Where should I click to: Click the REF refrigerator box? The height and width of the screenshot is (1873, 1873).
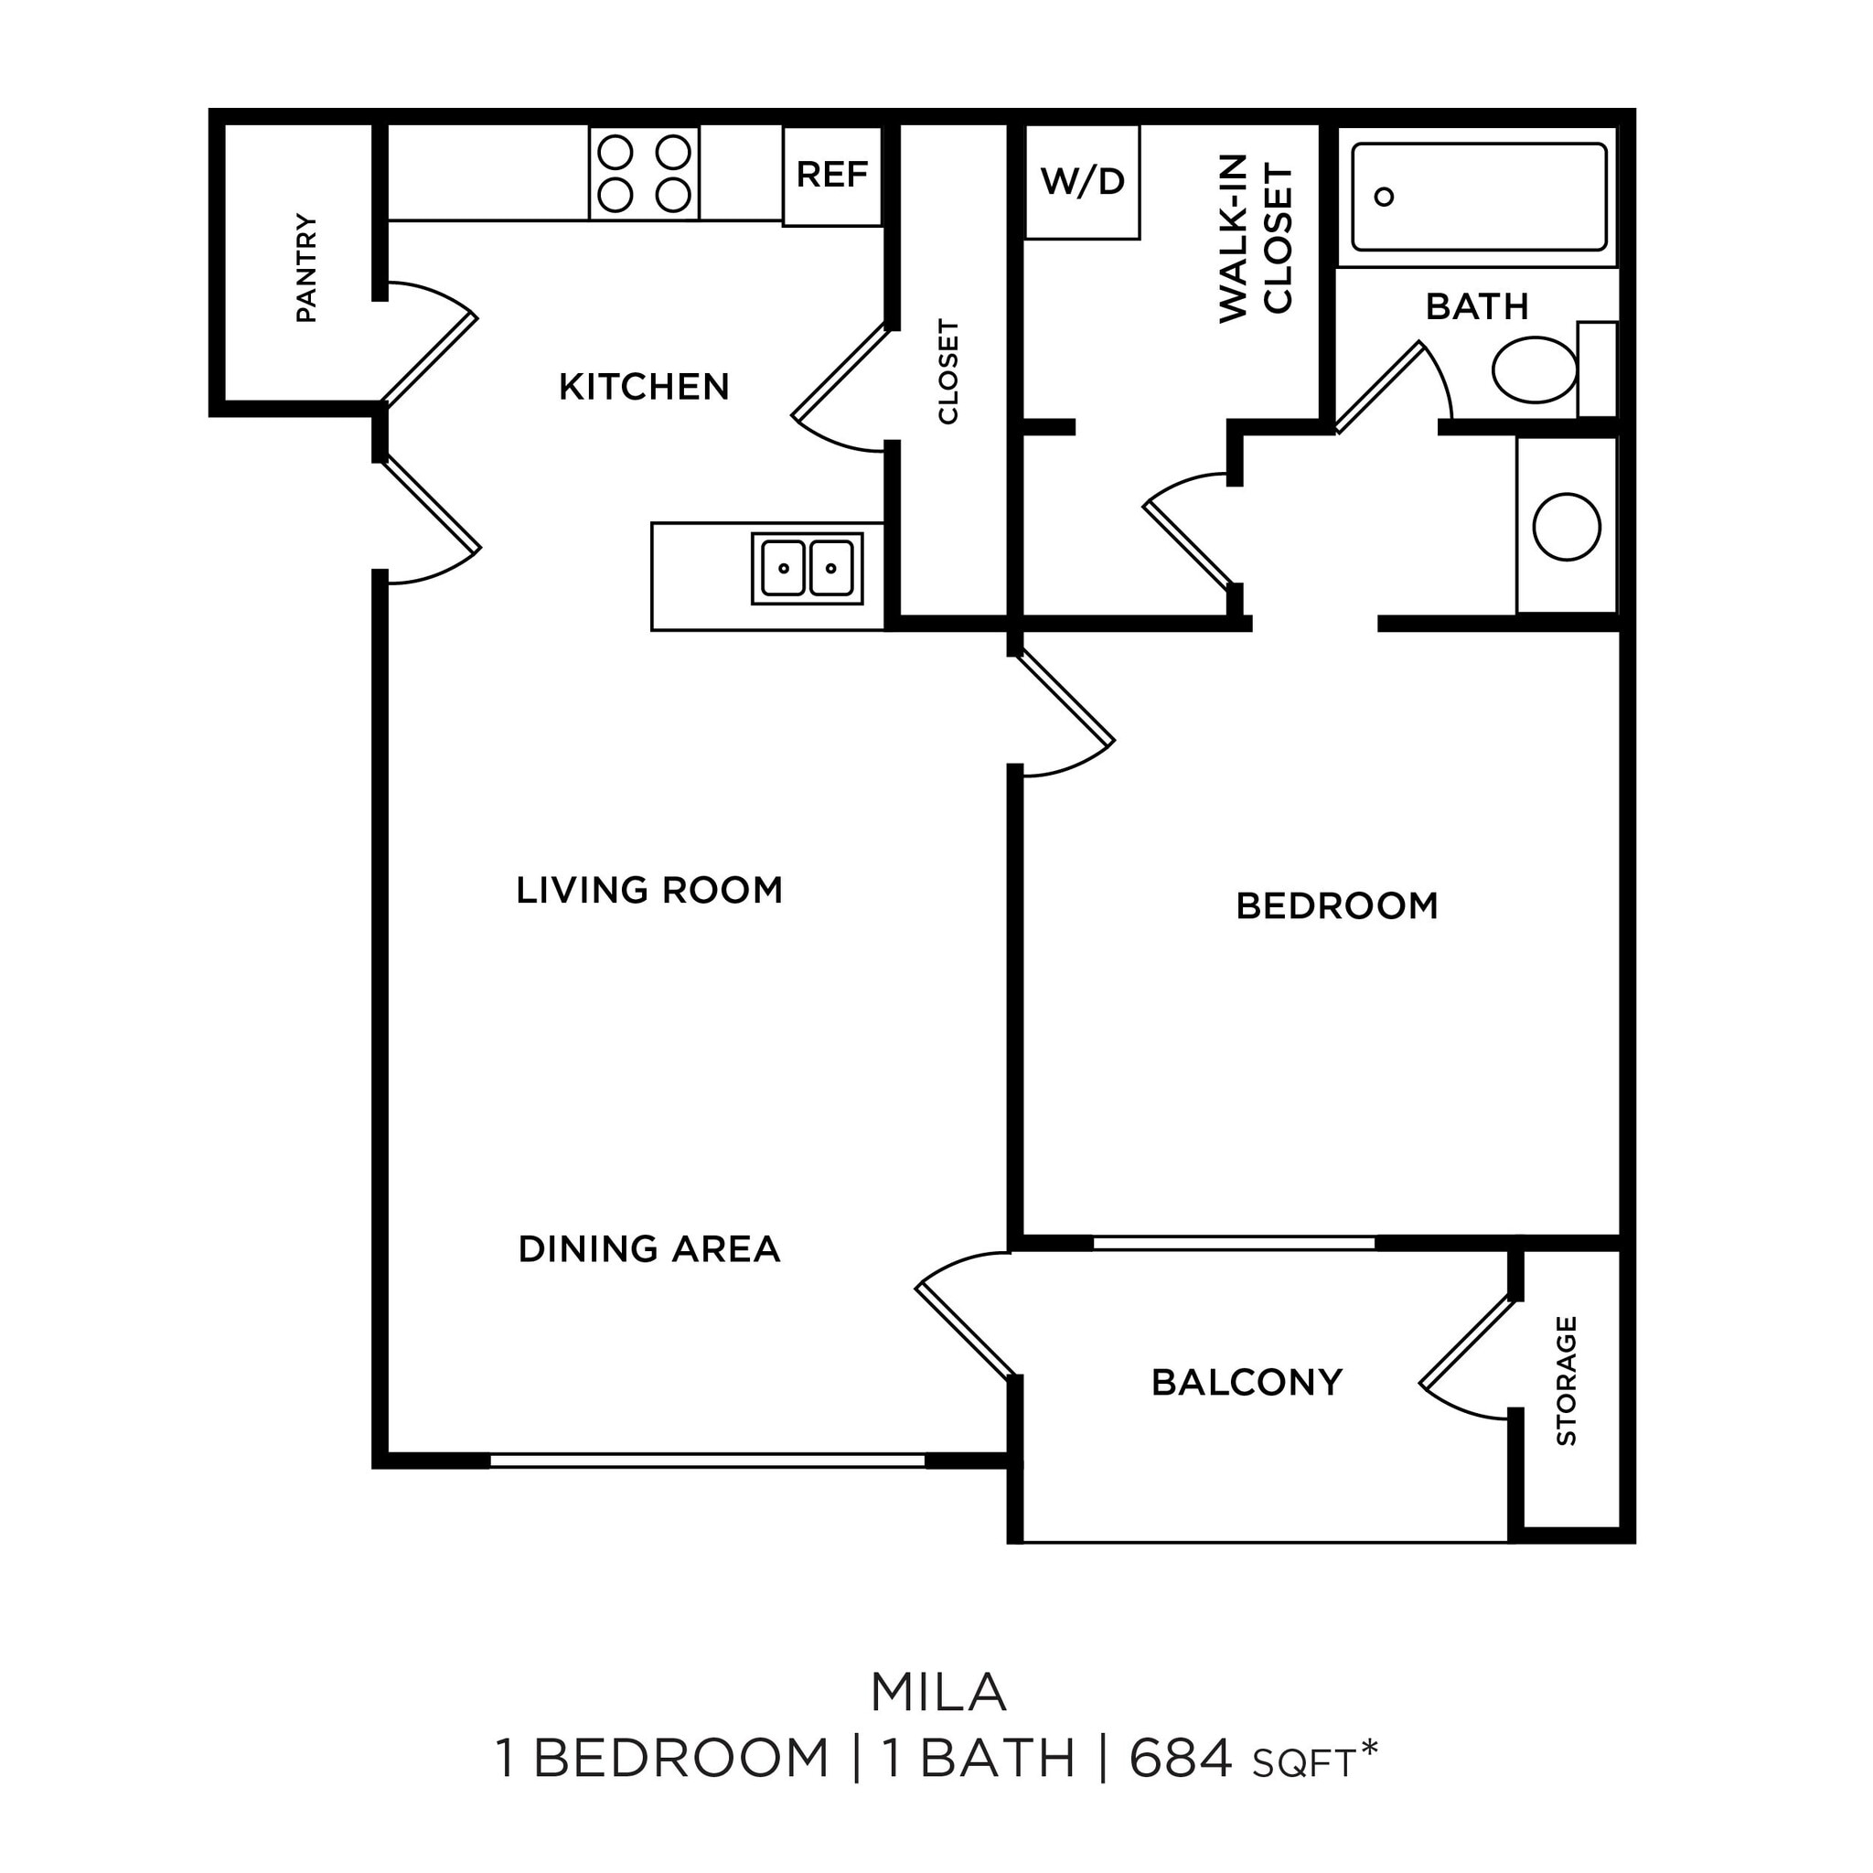tap(832, 176)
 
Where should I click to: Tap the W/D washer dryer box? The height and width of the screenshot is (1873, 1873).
tap(1082, 181)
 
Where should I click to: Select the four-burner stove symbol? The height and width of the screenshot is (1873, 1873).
tap(644, 174)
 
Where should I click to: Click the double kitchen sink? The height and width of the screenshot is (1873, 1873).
tap(807, 568)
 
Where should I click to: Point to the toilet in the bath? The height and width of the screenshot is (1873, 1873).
tap(1535, 369)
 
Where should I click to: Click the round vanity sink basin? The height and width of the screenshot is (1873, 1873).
tap(1566, 527)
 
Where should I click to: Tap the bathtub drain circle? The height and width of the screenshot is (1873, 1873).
tap(1385, 197)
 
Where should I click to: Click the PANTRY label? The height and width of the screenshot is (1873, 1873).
tap(306, 269)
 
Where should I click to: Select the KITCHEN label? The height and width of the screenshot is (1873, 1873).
tap(644, 387)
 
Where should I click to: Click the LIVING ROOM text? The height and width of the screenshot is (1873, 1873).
tap(648, 890)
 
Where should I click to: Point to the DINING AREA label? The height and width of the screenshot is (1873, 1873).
tap(648, 1248)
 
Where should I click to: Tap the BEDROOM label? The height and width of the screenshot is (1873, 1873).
tap(1336, 905)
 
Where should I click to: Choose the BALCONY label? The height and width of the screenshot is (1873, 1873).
tap(1247, 1382)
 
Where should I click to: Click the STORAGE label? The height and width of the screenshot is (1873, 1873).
tap(1566, 1380)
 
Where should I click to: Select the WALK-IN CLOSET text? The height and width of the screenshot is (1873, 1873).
tap(1256, 239)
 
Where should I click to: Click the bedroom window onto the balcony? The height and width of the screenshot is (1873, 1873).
tap(1233, 1243)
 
